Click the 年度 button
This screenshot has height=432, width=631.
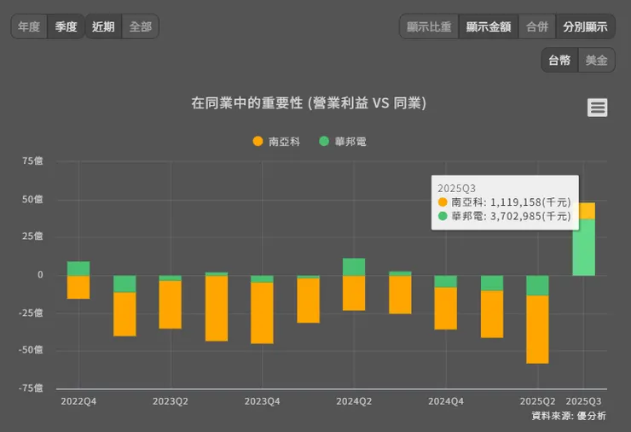click(30, 26)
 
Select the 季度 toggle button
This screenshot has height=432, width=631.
click(67, 26)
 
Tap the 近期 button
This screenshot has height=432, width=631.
click(103, 26)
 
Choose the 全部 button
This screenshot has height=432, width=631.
click(140, 26)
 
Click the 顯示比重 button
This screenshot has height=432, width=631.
click(429, 26)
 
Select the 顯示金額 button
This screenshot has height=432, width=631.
click(489, 26)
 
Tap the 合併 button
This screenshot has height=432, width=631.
click(537, 26)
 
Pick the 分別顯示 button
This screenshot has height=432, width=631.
click(585, 26)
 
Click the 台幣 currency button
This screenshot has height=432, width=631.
click(559, 61)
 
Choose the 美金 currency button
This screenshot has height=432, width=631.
click(597, 61)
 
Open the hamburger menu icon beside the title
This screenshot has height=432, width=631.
click(598, 108)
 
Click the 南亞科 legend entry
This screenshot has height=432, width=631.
click(277, 142)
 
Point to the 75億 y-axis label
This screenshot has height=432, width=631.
click(32, 160)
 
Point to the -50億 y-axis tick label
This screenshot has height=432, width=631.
click(30, 350)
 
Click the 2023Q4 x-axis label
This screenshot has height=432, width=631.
click(262, 400)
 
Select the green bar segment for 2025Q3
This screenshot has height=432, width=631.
click(583, 248)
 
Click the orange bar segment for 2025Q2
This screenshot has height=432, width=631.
click(537, 329)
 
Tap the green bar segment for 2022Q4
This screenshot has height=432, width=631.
click(78, 268)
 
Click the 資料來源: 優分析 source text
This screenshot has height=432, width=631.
click(569, 416)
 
